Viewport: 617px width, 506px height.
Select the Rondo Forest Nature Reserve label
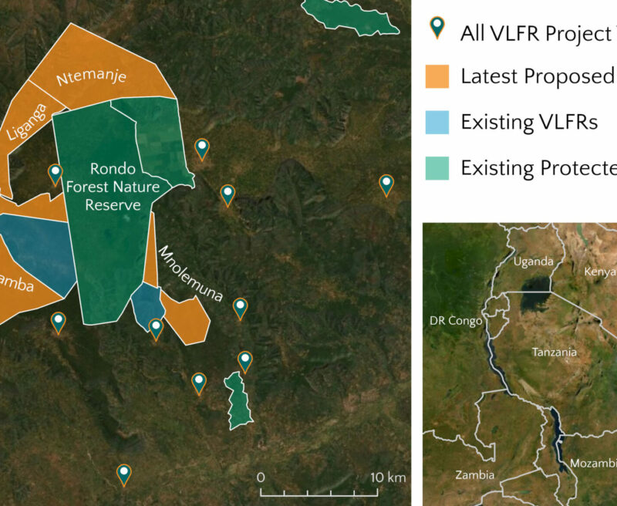click(114, 186)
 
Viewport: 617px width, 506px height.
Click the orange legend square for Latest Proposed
click(437, 76)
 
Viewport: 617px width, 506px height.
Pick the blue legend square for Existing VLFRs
click(437, 122)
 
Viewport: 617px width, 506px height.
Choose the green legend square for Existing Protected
click(437, 167)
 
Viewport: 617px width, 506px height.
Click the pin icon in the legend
click(438, 29)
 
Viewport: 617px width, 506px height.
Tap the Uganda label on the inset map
click(534, 262)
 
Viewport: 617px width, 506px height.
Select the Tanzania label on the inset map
click(554, 353)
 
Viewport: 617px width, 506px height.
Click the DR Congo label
click(456, 321)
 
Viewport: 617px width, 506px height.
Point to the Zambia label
click(475, 475)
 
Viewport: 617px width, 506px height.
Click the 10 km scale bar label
click(386, 477)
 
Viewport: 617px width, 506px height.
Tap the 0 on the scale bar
click(261, 477)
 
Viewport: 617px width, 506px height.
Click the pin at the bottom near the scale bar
click(123, 474)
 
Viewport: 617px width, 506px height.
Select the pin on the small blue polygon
click(156, 329)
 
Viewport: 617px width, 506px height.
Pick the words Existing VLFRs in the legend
click(528, 122)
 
